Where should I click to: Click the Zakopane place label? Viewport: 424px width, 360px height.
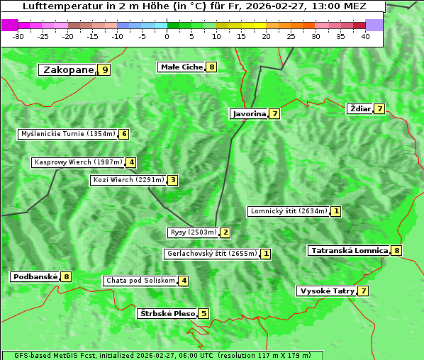(68, 69)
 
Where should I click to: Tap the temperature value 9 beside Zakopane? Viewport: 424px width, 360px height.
(105, 69)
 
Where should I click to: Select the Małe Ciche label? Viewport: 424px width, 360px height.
(182, 67)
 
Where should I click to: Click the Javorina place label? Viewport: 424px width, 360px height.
(249, 113)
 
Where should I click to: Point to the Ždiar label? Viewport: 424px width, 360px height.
(360, 108)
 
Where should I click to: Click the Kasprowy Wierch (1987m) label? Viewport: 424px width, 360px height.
(78, 162)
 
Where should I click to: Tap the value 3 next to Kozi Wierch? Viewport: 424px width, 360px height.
(172, 180)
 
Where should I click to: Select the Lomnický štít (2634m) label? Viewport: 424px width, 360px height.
(289, 210)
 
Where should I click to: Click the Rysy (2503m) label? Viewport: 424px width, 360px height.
(193, 232)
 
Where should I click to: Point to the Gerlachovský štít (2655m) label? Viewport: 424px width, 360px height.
(211, 253)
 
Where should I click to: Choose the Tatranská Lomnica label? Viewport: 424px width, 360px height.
(349, 250)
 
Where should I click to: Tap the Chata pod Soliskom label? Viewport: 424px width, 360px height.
(139, 281)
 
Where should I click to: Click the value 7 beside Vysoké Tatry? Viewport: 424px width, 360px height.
(363, 291)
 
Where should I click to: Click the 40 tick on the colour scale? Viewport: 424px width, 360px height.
(365, 35)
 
